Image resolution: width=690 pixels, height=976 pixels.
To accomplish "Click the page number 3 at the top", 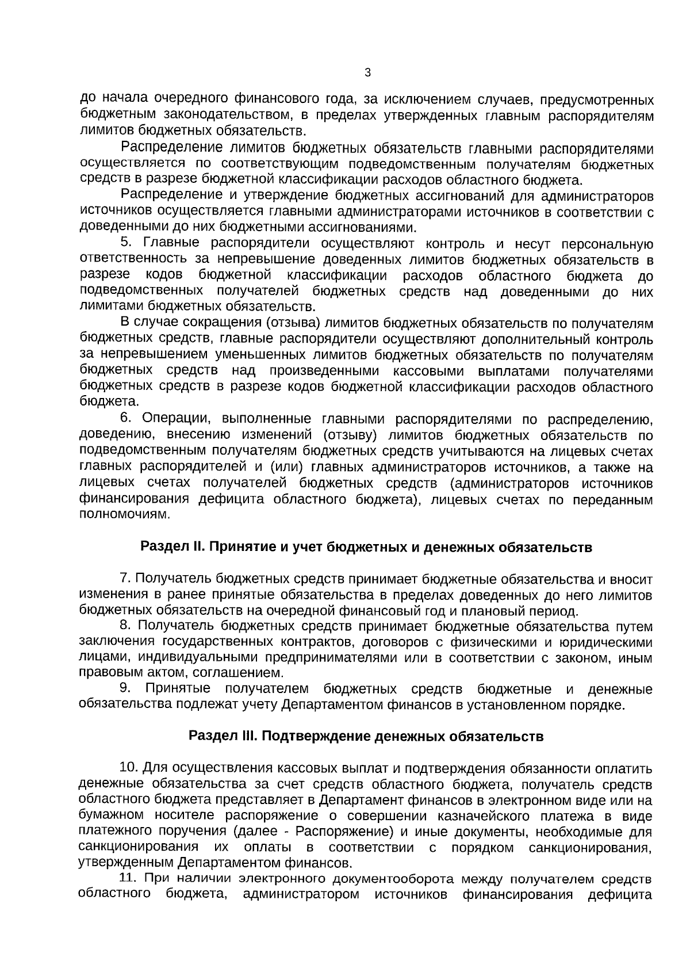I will click(368, 73).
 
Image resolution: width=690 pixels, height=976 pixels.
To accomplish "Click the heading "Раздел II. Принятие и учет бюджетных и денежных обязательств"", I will click(366, 547).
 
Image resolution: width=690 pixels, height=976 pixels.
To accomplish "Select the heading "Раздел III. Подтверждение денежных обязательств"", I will click(366, 736).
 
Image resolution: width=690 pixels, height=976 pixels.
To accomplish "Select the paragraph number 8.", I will click(126, 625).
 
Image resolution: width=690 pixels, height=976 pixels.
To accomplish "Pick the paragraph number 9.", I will click(125, 689).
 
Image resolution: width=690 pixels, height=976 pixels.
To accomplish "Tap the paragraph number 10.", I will click(128, 768).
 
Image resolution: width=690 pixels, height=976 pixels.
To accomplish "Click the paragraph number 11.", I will click(128, 878).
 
